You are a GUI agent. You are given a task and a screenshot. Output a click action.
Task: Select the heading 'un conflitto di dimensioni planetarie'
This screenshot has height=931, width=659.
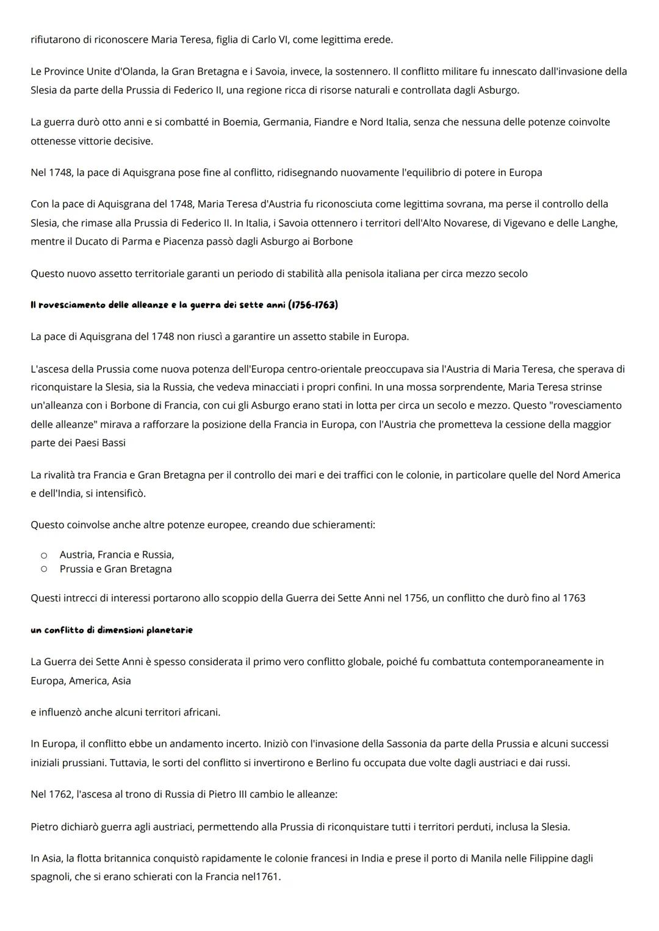click(112, 630)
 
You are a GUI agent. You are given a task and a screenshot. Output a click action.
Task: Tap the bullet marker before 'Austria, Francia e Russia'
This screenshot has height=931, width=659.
click(44, 555)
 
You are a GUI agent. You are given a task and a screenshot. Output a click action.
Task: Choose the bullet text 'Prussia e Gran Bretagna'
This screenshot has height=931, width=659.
click(115, 569)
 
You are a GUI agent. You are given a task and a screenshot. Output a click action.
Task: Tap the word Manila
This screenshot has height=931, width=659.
click(487, 858)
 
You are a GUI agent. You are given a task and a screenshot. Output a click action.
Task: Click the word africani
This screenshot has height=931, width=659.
click(199, 712)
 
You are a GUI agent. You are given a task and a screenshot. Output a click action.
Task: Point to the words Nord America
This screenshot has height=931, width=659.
click(588, 475)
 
